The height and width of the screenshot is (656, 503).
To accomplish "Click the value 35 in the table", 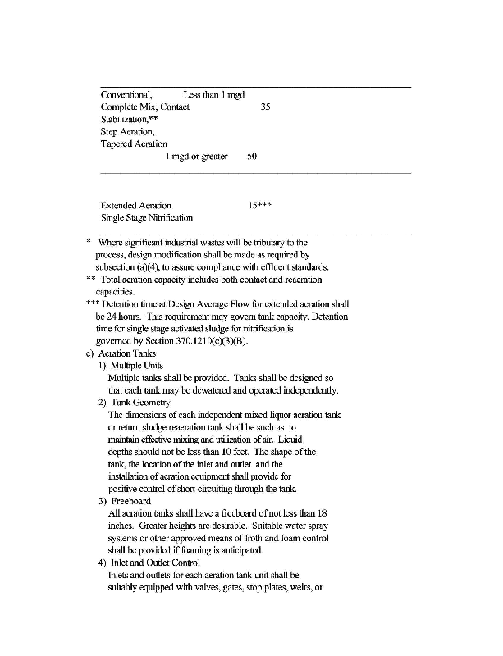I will pos(266,107).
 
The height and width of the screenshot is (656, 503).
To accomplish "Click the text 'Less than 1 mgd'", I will pos(214,95).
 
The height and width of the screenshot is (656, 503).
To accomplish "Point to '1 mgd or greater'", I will pos(197,157).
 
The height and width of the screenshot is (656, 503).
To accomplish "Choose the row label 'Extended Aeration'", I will pos(136,205).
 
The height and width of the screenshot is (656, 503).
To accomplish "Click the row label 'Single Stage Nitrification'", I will pos(147,217).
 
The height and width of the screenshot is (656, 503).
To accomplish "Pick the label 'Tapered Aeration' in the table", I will pos(134,144).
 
